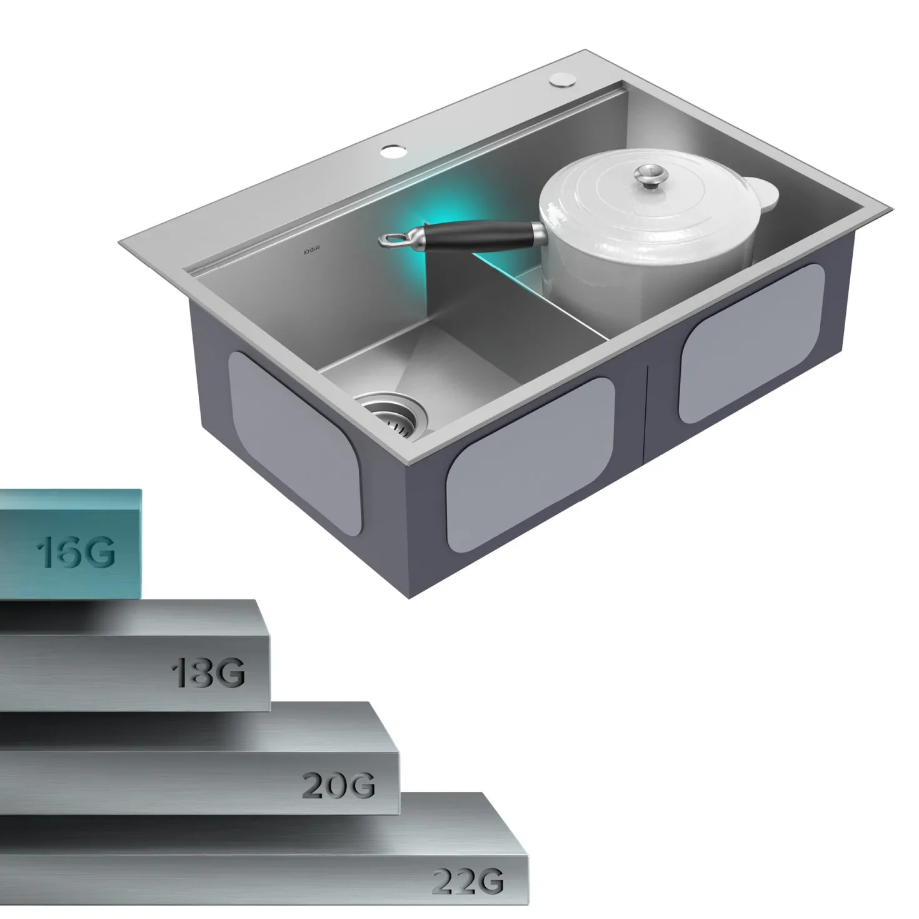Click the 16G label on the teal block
pos(76,552)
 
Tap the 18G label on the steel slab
pos(208,672)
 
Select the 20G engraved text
pos(339,785)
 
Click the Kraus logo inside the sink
pos(312,249)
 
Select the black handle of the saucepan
pos(480,235)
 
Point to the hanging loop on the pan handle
pos(396,238)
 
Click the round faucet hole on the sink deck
pos(393,152)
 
